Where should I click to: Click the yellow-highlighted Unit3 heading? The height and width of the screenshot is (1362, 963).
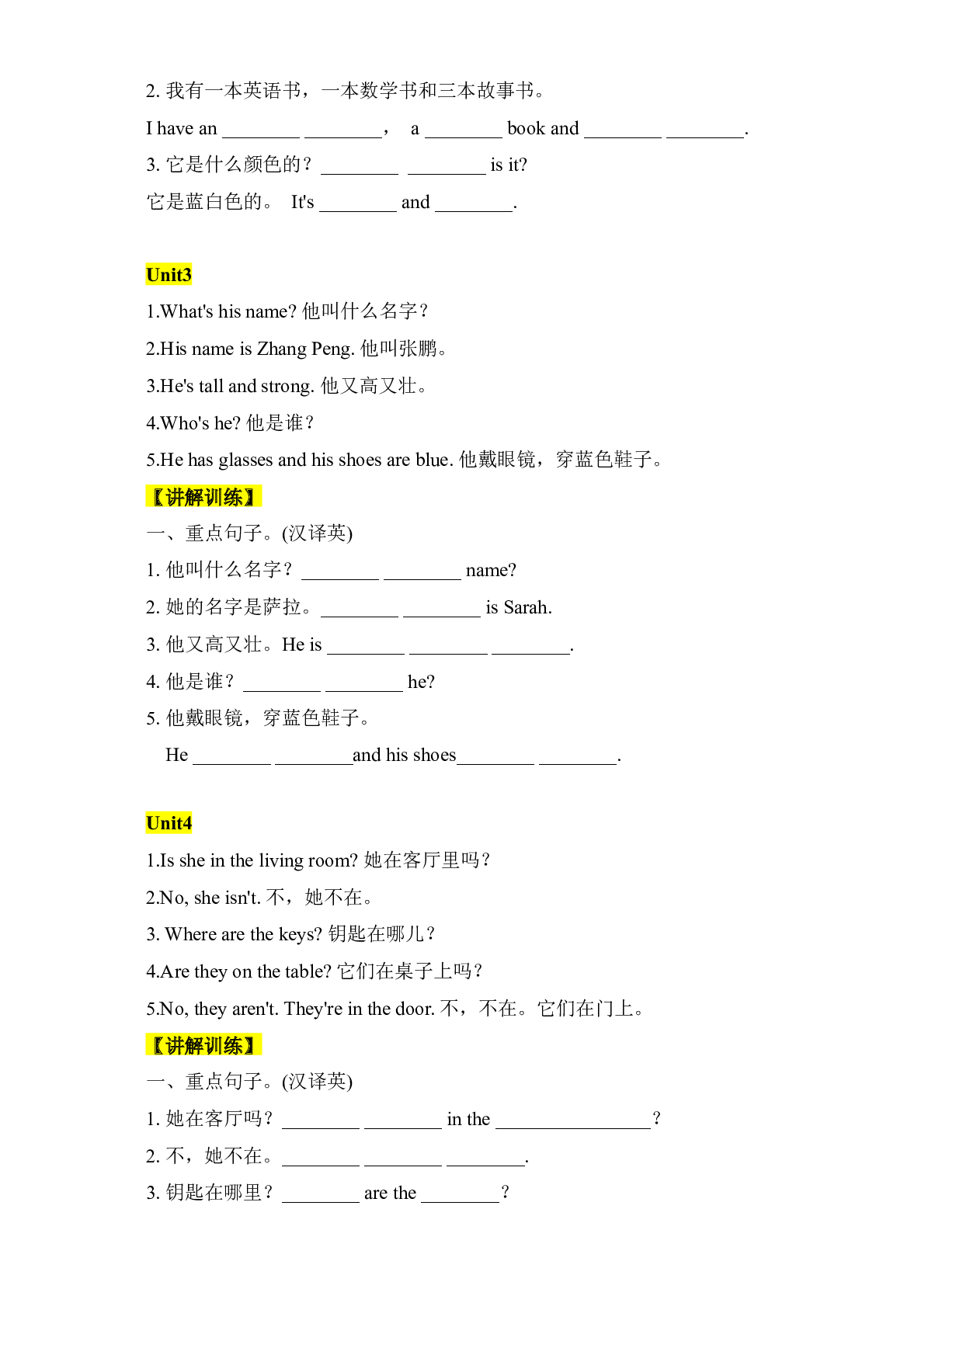(169, 275)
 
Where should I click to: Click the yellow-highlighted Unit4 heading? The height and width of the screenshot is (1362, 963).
(169, 823)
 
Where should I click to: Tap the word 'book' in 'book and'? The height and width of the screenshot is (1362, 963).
(527, 129)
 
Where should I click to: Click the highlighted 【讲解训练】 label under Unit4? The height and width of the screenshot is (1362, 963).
(203, 1045)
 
